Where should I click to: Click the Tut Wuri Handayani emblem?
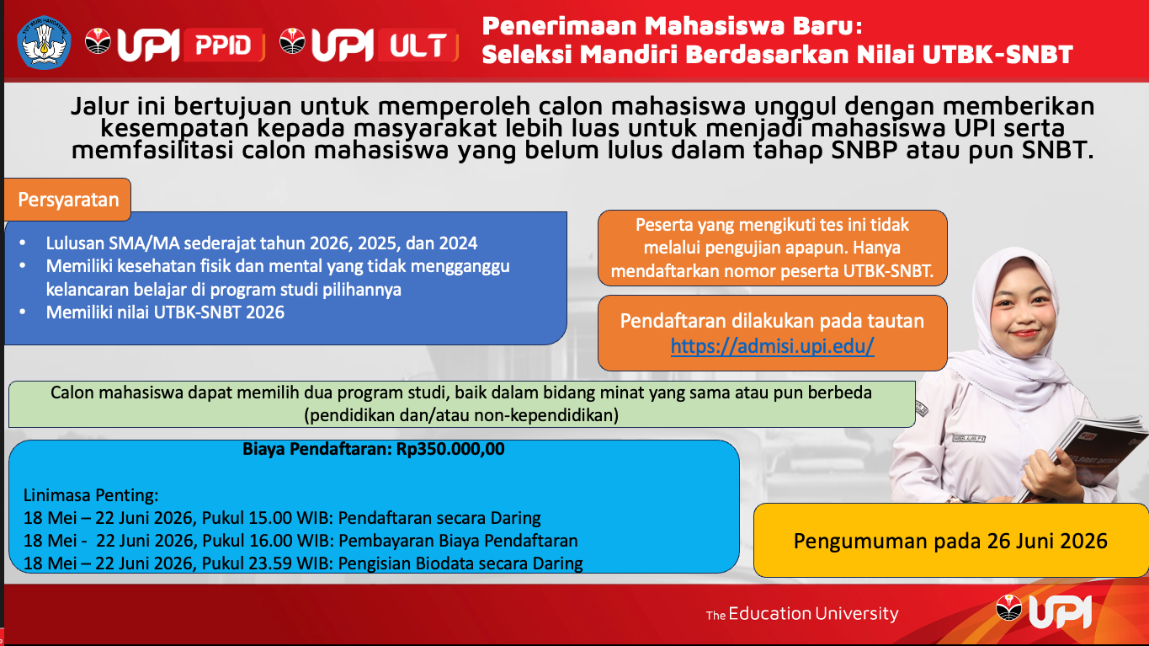coord(44,43)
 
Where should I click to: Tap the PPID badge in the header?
coord(224,45)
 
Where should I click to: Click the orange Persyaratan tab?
coord(67,200)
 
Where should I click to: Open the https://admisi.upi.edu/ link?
coord(772,346)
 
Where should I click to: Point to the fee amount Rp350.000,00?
coord(450,450)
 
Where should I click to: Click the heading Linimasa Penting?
coord(91,496)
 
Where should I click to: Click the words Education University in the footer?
coord(813,614)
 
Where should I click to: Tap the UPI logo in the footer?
coord(1043,611)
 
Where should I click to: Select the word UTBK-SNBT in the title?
coord(997,55)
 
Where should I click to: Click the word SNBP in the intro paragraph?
coord(864,150)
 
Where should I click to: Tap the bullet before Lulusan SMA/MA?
coord(23,243)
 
